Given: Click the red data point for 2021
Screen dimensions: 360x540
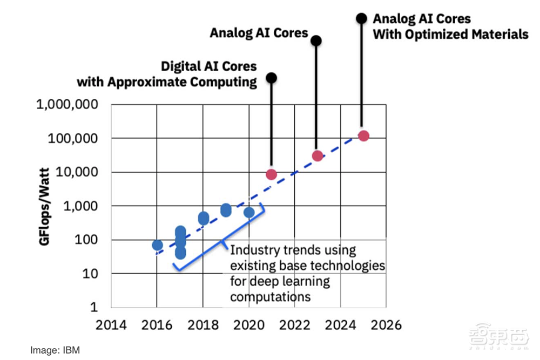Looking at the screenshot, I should pyautogui.click(x=271, y=174).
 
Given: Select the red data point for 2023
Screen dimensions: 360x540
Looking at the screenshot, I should pyautogui.click(x=318, y=156).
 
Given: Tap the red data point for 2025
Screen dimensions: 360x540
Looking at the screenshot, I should pyautogui.click(x=363, y=136).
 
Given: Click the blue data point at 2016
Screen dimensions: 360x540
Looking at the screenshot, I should pyautogui.click(x=157, y=246).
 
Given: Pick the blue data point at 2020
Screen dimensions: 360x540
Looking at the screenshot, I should pyautogui.click(x=249, y=213).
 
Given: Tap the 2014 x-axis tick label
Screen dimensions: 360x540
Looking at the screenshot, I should pyautogui.click(x=111, y=325).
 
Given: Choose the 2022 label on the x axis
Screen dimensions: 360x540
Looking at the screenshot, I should pyautogui.click(x=294, y=325).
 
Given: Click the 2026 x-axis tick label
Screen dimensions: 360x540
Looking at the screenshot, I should pyautogui.click(x=386, y=325).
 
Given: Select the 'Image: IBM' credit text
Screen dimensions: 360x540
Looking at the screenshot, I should pyautogui.click(x=55, y=350).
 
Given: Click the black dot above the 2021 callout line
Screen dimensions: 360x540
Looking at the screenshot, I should pyautogui.click(x=272, y=78).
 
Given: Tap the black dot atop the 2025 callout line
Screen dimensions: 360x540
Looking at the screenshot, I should pyautogui.click(x=361, y=19).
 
